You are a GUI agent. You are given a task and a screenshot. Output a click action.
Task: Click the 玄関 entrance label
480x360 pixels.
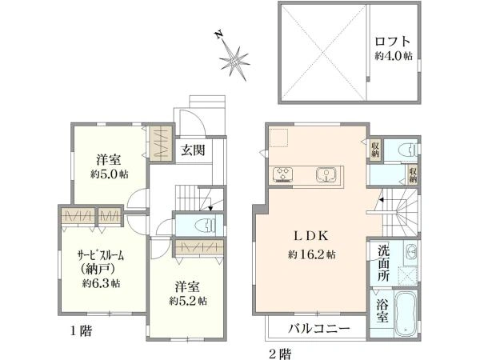click(x=192, y=150)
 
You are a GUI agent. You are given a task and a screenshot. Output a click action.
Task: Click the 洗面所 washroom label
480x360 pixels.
click(x=383, y=262)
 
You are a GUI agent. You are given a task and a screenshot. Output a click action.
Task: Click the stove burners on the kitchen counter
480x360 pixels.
click(x=284, y=175)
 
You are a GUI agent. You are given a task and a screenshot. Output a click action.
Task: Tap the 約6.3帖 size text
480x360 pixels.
click(x=99, y=283)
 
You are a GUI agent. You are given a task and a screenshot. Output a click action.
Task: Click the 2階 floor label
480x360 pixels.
click(x=279, y=351)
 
